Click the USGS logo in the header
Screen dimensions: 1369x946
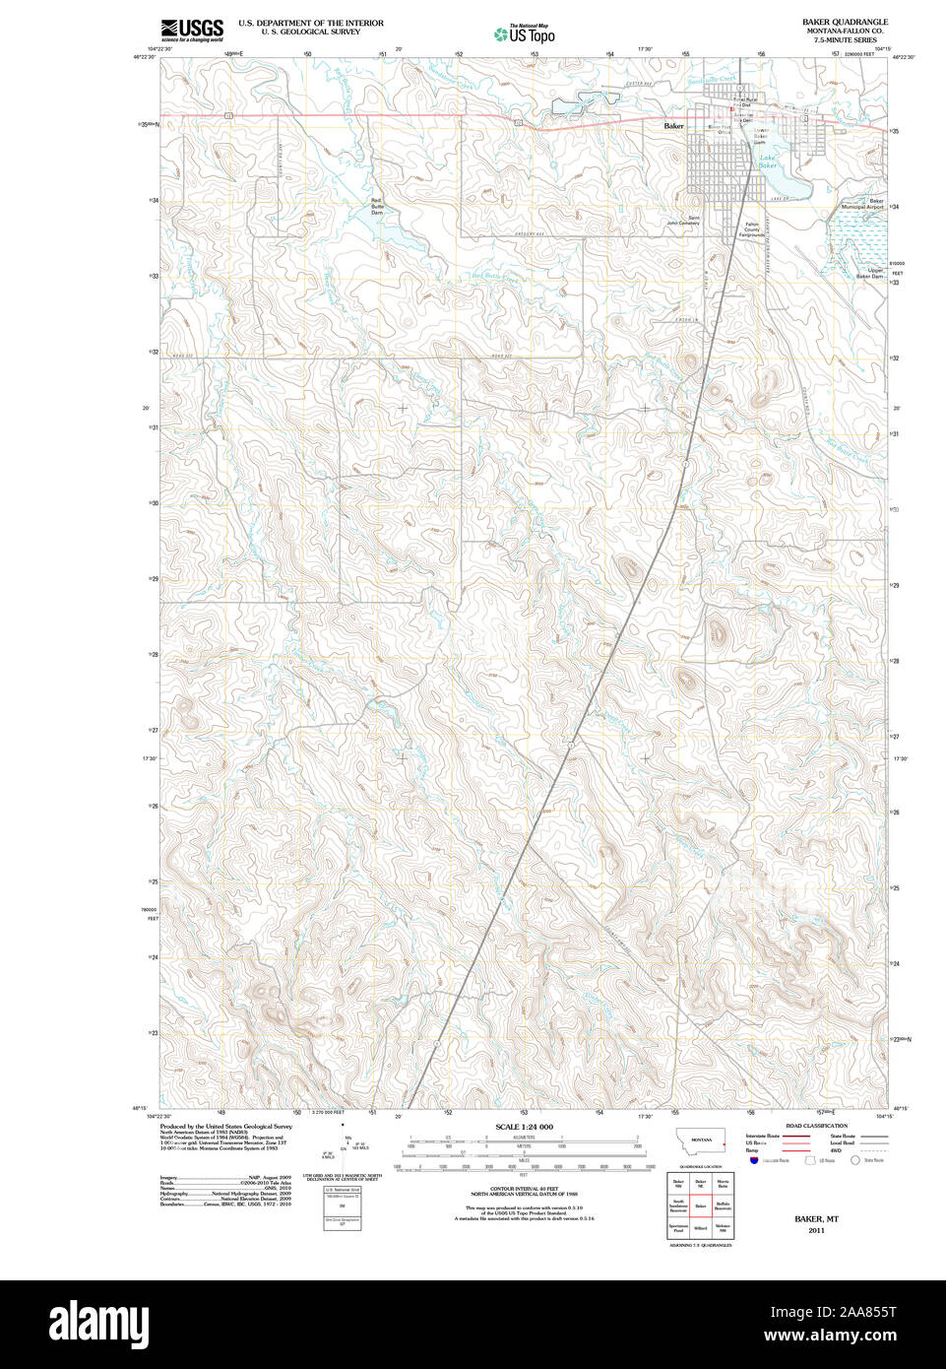[192, 29]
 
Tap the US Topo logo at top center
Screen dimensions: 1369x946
[525, 33]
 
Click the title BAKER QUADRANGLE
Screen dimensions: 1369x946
[845, 22]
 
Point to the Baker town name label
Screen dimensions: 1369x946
[673, 126]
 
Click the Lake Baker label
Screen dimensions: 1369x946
[768, 162]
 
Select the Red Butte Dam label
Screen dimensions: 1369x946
[376, 207]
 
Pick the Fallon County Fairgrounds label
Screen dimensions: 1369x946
[751, 229]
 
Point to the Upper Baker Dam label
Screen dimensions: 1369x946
[868, 273]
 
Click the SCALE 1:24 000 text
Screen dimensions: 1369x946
[524, 1127]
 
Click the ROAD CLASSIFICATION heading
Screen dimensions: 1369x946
[816, 1126]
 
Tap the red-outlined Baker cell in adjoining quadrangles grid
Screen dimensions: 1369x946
[700, 1206]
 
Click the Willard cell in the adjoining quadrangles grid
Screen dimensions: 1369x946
[700, 1228]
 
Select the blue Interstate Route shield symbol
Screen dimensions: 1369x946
[754, 1160]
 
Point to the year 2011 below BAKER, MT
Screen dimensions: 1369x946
[816, 1230]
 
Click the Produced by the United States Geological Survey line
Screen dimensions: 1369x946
[225, 1126]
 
